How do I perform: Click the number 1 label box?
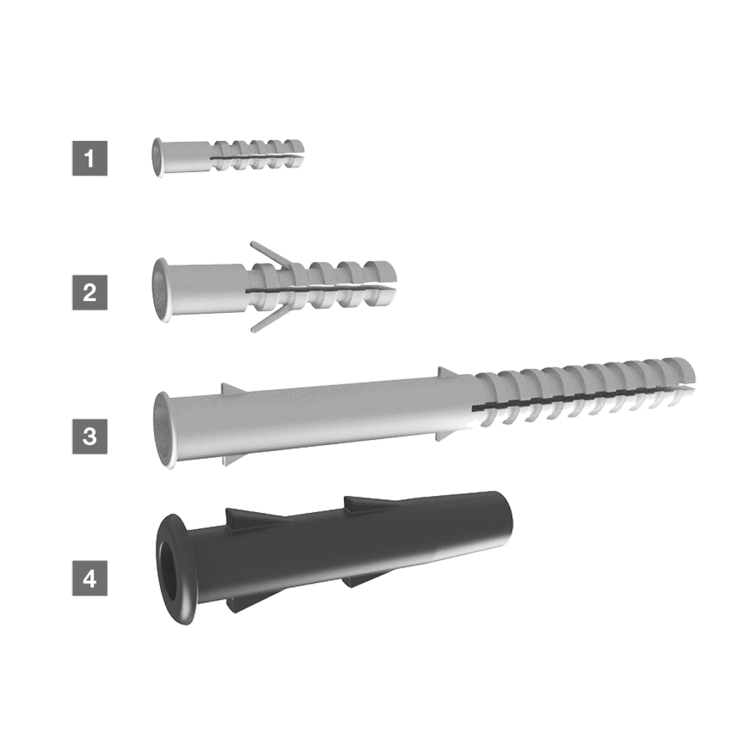pyautogui.click(x=89, y=158)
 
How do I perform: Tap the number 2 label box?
pyautogui.click(x=89, y=292)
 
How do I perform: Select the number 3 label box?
pyautogui.click(x=89, y=436)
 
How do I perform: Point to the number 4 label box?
pyautogui.click(x=89, y=578)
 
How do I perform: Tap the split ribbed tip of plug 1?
pyautogui.click(x=258, y=154)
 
